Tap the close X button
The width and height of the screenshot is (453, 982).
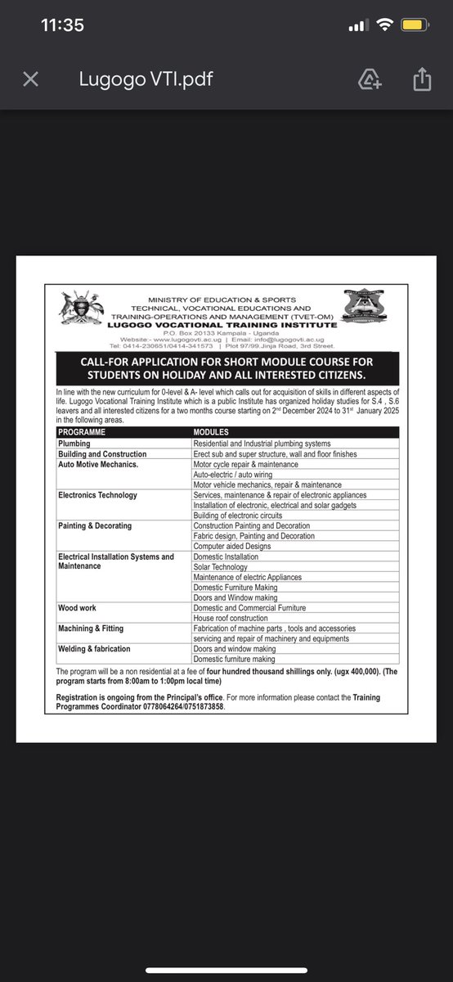point(30,79)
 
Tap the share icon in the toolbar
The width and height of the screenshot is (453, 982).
point(421,79)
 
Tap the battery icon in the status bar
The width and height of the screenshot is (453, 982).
point(412,25)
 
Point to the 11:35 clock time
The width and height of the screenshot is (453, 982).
point(62,25)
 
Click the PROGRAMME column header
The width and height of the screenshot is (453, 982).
point(82,433)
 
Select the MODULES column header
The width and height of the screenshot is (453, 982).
point(211,433)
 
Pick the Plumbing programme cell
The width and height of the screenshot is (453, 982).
point(74,444)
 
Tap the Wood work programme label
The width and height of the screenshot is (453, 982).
point(77,608)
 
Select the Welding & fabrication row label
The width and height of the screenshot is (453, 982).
point(94,649)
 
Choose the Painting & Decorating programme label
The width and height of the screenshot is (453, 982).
point(95,525)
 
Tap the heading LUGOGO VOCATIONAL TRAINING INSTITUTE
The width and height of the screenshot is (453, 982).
point(215,325)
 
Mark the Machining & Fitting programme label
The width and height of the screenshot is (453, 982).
point(92,628)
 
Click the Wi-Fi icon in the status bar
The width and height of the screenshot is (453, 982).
point(383,25)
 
